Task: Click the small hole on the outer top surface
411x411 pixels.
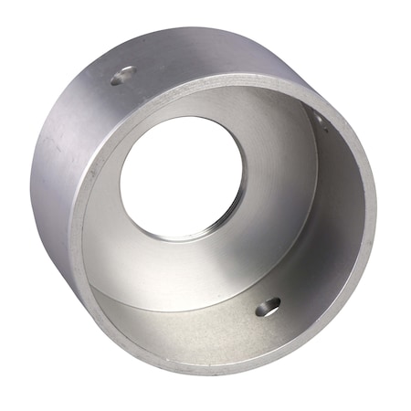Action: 123,76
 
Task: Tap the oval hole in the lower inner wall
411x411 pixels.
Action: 267,308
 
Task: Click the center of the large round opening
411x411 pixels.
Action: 182,185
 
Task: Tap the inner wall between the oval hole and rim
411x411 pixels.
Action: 274,338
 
